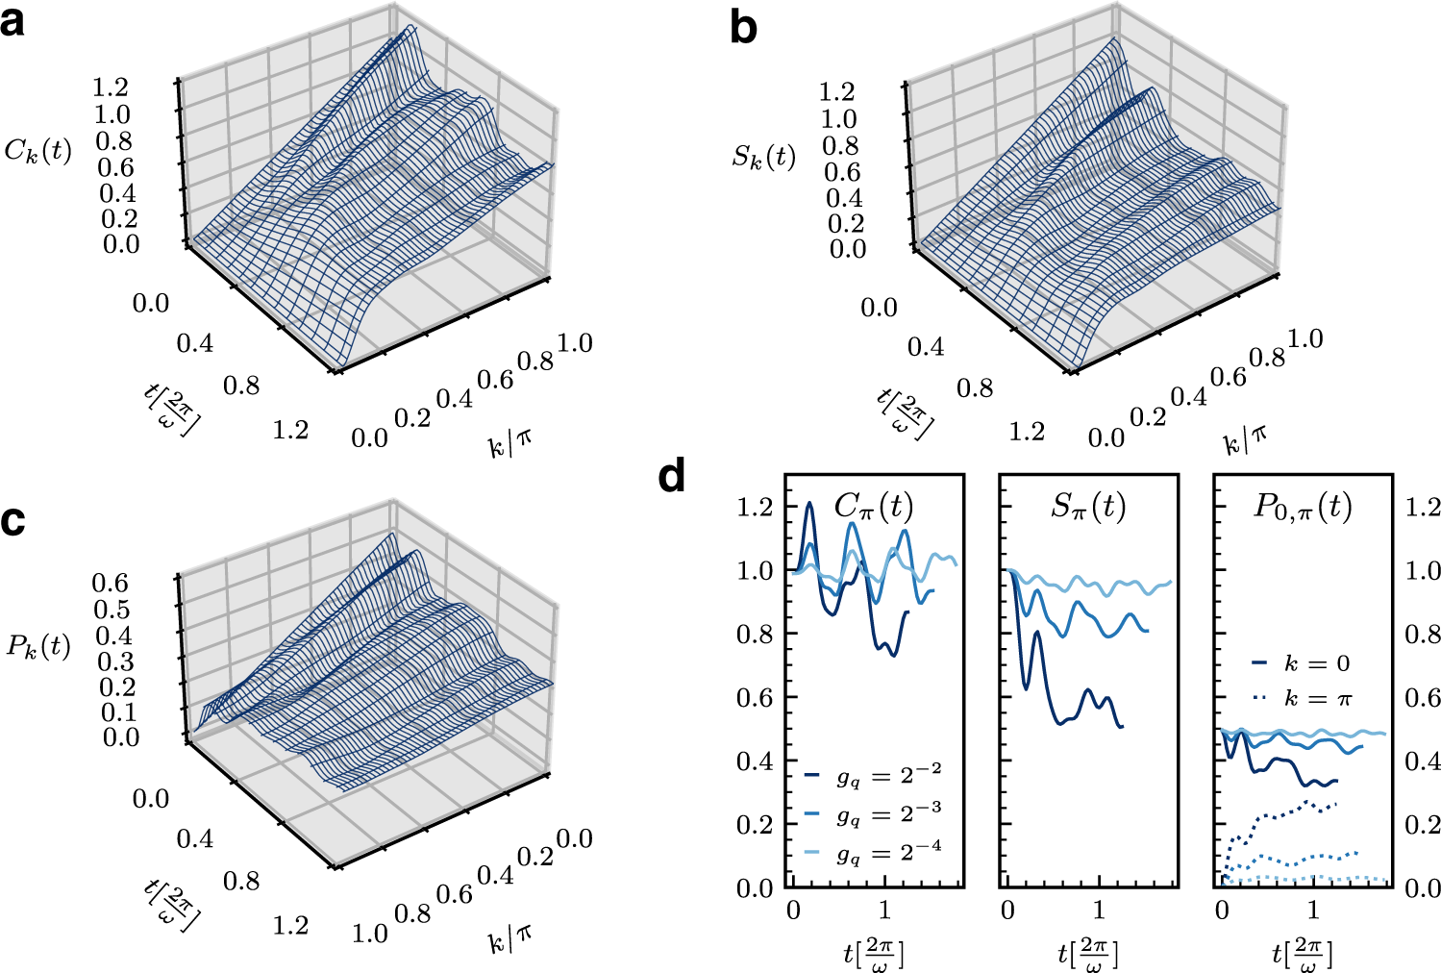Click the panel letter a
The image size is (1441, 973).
click(13, 21)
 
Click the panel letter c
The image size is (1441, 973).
click(12, 519)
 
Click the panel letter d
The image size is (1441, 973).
click(672, 476)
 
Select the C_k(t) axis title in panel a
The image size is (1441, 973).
click(38, 151)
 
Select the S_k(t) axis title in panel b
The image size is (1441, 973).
click(763, 157)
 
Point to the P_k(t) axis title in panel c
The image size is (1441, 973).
click(38, 646)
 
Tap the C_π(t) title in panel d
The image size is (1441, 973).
click(873, 506)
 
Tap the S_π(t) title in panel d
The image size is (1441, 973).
click(1087, 506)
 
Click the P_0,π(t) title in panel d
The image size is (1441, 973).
click(1302, 506)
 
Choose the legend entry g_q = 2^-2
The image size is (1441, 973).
click(873, 775)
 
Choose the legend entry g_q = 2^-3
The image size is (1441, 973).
click(873, 814)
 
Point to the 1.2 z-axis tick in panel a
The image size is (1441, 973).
click(111, 87)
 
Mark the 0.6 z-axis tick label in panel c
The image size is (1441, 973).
click(111, 583)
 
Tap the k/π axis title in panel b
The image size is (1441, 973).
click(1245, 439)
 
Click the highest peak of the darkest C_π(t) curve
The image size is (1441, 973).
click(809, 503)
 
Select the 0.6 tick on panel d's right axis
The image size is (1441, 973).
click(1423, 697)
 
